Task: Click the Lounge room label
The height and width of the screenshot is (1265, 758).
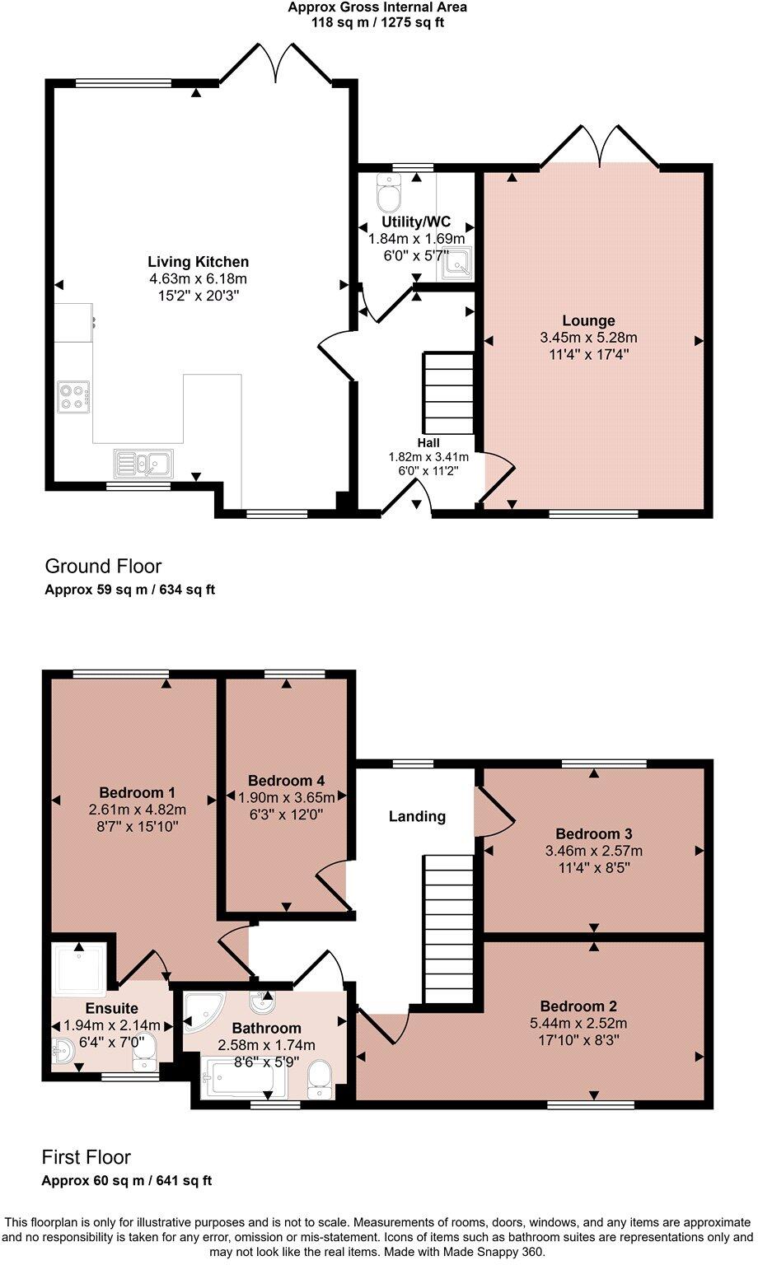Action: [588, 320]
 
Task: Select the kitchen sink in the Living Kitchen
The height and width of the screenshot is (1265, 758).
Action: [143, 464]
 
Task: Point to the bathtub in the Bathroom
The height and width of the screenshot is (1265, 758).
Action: [246, 1079]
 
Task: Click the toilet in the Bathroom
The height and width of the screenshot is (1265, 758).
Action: [318, 1079]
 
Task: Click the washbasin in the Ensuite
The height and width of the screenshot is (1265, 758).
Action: [64, 1050]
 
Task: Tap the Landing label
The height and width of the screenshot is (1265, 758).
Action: [417, 816]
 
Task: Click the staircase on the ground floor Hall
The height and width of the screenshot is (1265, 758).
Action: [448, 394]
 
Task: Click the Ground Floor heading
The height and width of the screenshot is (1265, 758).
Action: [103, 566]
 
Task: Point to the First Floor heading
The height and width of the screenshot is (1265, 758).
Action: [87, 1157]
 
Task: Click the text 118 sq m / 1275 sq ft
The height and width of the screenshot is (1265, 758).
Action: [377, 22]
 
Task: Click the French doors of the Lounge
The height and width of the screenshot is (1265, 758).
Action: [601, 147]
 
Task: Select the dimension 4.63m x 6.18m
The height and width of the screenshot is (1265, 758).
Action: [198, 278]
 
